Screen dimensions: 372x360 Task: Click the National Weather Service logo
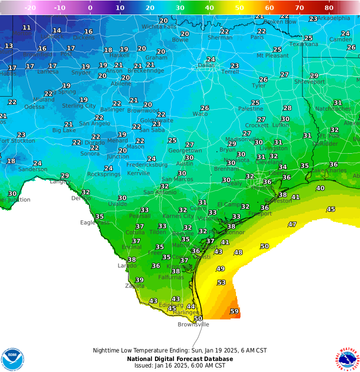348,358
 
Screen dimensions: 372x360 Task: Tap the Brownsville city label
193,324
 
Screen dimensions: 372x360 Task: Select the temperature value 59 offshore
234,311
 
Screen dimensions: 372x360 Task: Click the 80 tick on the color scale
329,8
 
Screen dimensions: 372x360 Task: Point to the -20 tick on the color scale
30,8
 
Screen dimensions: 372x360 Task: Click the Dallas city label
206,65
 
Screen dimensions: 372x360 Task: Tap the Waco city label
200,114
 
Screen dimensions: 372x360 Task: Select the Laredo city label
127,265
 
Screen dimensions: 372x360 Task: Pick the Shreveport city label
305,82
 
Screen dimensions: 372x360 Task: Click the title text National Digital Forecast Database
179,359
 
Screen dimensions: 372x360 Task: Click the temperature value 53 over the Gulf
221,283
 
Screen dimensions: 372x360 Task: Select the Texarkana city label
303,44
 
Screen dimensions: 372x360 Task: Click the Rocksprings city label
104,174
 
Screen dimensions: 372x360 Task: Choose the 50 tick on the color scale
239,8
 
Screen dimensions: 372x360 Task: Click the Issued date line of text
179,365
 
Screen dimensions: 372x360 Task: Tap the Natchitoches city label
333,109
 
